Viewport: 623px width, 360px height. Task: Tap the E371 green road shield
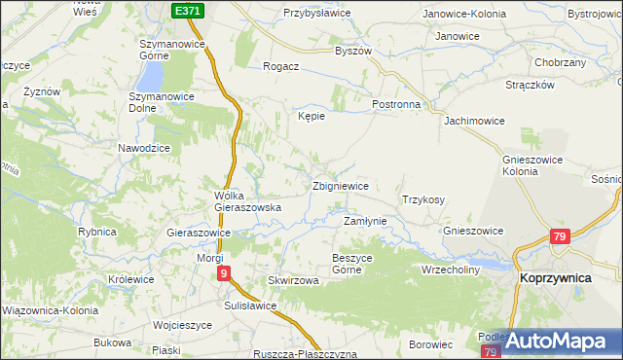coord(190,10)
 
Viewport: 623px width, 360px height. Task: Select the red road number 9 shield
coord(224,274)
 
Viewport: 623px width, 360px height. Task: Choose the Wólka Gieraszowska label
coord(247,201)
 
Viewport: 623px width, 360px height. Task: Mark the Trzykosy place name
coord(422,199)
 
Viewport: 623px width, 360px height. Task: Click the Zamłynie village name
coord(365,221)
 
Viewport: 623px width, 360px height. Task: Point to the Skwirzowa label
coord(293,280)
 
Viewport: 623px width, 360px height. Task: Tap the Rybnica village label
coord(97,232)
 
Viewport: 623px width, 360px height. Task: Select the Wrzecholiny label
coord(451,270)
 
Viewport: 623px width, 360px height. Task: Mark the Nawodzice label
coord(144,147)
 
